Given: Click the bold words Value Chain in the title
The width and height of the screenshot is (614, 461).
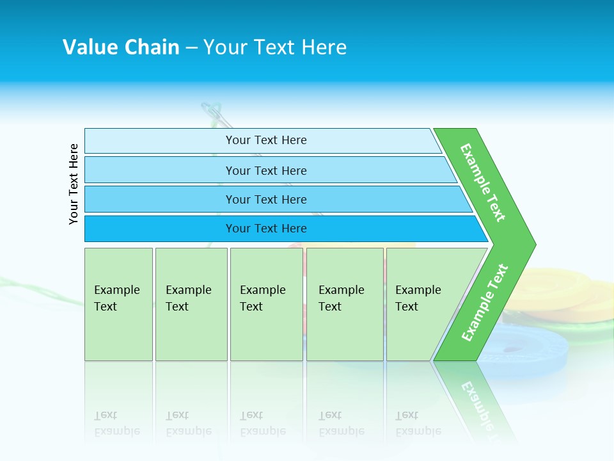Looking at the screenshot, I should coord(121,47).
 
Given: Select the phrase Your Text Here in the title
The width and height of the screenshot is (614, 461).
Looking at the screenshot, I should coord(275,47).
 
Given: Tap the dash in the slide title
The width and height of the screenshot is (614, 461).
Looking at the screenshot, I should coord(191,48).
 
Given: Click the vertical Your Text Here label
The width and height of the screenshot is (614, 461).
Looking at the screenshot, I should coord(74,184).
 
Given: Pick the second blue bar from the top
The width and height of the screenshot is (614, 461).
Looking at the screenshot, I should coord(265,170).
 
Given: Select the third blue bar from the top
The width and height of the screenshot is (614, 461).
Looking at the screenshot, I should coord(265,199).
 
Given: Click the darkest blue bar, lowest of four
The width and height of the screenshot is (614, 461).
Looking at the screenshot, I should coord(265,229).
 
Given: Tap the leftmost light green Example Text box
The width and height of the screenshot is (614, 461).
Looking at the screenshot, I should coord(118,303).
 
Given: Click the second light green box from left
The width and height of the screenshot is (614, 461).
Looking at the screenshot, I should coord(191,303).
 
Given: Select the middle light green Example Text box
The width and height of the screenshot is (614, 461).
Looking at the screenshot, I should coord(266,303).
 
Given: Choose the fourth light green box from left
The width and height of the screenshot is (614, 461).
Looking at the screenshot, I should coord(344,303).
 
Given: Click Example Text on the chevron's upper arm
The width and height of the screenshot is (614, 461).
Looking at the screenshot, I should coord(483,182).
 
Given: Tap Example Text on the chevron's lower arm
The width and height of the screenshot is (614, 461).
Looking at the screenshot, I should coord(485,302).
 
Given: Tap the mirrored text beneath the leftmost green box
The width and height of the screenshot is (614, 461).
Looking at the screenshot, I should coord(117,423).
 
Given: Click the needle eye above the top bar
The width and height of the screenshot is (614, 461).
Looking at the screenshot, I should coord(213,114).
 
